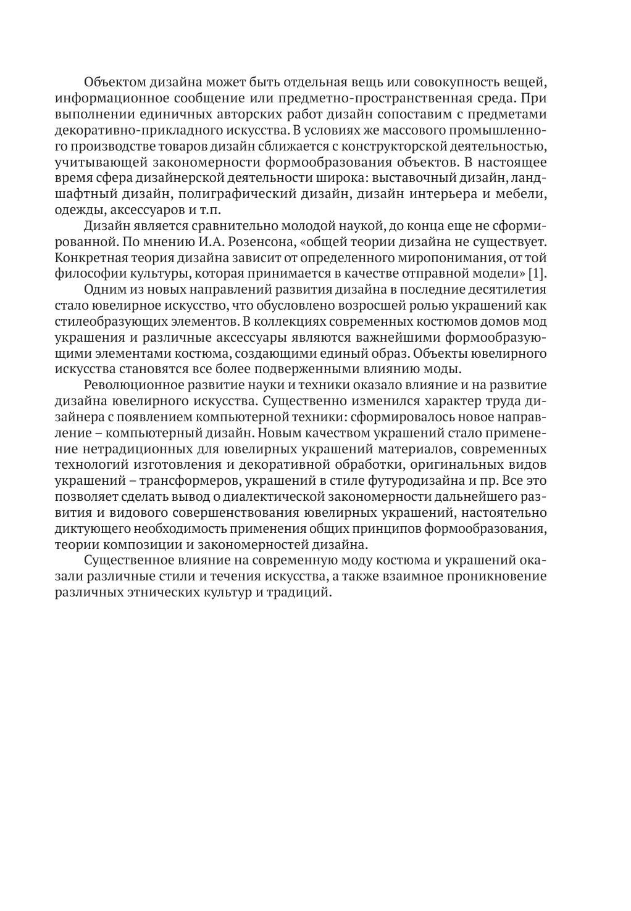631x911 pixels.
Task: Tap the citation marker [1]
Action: tap(538, 273)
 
